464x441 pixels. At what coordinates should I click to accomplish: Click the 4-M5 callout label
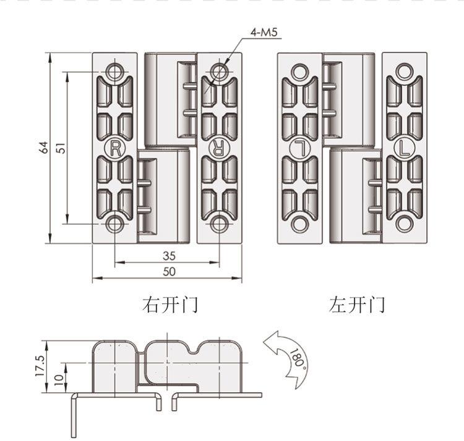coord(264,32)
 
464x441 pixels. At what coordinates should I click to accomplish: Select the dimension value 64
coord(44,148)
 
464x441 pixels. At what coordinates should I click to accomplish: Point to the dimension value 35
coord(170,256)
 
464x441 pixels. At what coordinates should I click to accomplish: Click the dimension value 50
coord(170,271)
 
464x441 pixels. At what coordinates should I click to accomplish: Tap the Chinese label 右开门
coord(170,305)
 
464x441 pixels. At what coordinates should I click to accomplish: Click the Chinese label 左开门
coord(357,305)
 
